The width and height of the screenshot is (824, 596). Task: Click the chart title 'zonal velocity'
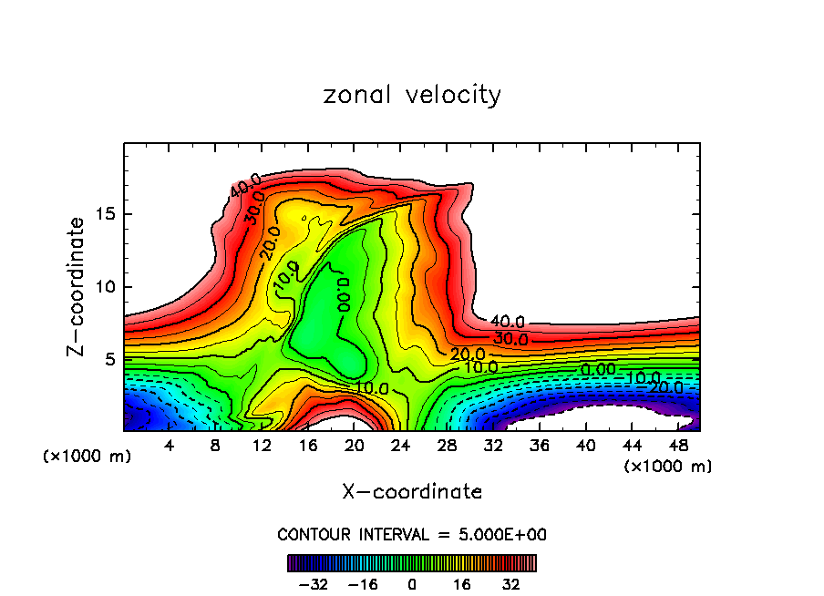(412, 95)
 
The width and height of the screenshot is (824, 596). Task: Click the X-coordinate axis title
(412, 492)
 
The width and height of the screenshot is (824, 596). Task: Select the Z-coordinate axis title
(77, 286)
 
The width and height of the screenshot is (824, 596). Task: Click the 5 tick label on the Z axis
(108, 359)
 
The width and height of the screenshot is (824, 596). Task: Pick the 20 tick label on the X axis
(354, 446)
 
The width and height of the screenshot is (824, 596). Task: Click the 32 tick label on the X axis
(493, 446)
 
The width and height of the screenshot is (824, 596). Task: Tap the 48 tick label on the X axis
(678, 446)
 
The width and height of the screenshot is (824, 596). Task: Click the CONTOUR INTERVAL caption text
(412, 534)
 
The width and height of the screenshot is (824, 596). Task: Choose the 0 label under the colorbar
(412, 583)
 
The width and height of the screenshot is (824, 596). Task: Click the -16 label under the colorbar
(363, 583)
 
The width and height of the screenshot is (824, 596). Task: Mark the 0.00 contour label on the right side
(598, 369)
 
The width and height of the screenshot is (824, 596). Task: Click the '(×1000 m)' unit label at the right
(668, 467)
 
